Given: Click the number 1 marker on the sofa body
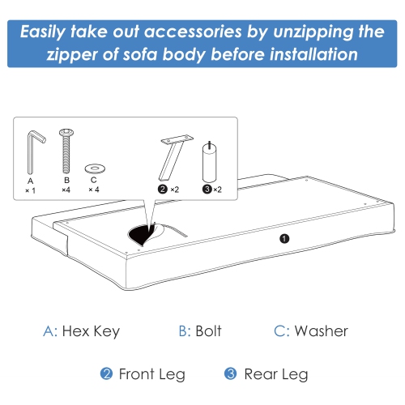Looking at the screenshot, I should (x=283, y=238).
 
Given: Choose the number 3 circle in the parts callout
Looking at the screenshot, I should (x=207, y=189).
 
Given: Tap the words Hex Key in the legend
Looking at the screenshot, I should (x=92, y=330).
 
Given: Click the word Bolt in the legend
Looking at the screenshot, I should (x=207, y=330).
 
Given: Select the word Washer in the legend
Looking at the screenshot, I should (x=322, y=330).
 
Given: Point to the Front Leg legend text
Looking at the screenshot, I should (x=152, y=374).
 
